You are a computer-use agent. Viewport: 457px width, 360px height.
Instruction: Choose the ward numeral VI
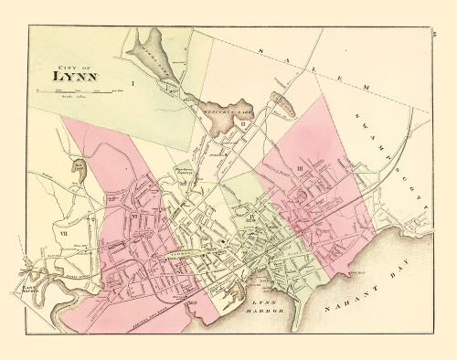(x=134, y=217)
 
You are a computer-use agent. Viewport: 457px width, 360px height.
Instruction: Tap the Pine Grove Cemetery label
(x=182, y=173)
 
